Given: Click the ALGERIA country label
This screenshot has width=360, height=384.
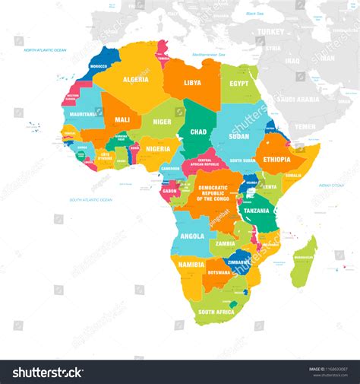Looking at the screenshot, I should (137, 79).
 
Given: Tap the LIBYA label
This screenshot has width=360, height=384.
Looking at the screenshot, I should (193, 82).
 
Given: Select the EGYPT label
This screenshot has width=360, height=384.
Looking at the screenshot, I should (239, 84).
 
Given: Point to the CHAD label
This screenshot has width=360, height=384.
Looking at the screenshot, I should (198, 131).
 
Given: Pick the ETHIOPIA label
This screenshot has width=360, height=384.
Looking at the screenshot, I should (276, 160).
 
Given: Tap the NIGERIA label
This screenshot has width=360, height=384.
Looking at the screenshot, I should (159, 149).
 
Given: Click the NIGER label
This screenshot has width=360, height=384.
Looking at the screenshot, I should (162, 121).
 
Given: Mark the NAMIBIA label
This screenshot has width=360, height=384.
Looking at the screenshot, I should (191, 265).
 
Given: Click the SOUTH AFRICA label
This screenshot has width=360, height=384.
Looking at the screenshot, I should (216, 312).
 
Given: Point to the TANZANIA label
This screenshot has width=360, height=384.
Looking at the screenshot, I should (256, 210).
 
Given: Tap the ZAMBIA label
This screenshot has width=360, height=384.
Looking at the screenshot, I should (225, 244).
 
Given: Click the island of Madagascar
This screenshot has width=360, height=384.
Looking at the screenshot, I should (304, 262).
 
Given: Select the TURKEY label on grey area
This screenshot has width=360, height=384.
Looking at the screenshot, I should (270, 32).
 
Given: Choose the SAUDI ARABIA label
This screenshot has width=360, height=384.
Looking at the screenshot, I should (298, 99).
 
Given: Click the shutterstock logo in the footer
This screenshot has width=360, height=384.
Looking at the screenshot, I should (47, 372).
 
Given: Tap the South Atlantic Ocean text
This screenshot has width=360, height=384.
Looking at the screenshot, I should (91, 200).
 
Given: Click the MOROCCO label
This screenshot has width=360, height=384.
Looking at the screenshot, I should (99, 66).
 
